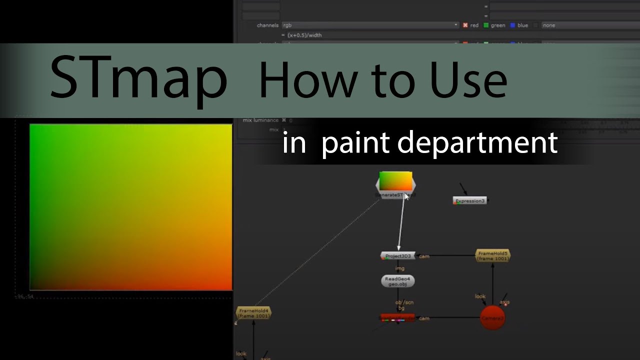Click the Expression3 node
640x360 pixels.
pyautogui.click(x=469, y=200)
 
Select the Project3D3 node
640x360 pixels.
pyautogui.click(x=398, y=256)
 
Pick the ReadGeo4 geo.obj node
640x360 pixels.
pyautogui.click(x=398, y=281)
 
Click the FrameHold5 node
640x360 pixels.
pyautogui.click(x=492, y=256)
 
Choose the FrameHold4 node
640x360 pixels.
pyautogui.click(x=253, y=313)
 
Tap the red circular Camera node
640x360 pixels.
pyautogui.click(x=492, y=318)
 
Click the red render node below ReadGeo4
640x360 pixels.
pyautogui.click(x=397, y=318)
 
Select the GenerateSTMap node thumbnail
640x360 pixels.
pyautogui.click(x=395, y=181)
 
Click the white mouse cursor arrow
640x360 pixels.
pyautogui.click(x=406, y=196)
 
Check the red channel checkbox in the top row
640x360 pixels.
pyautogui.click(x=465, y=25)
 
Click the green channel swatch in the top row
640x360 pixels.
pyautogui.click(x=486, y=25)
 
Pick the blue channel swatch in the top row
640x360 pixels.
pyautogui.click(x=512, y=25)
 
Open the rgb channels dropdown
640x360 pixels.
pyautogui.click(x=370, y=25)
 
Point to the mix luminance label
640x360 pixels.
pyautogui.click(x=261, y=120)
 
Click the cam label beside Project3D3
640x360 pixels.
pyautogui.click(x=424, y=256)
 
